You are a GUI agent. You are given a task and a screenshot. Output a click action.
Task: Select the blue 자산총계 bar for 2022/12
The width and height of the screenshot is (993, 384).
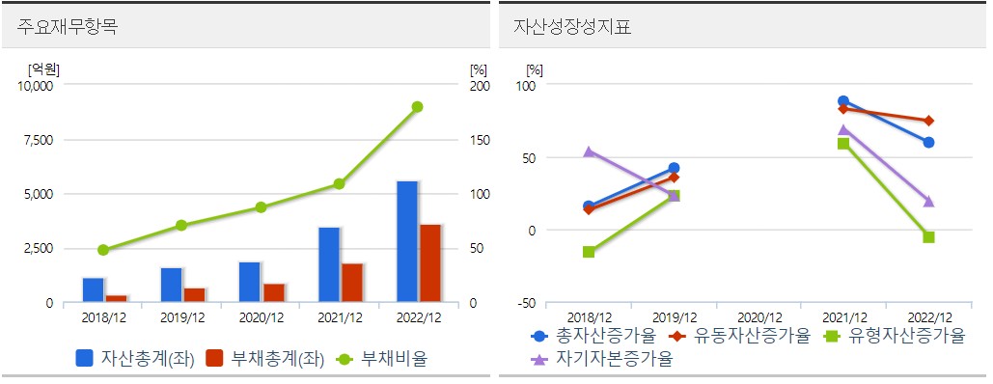click(406, 241)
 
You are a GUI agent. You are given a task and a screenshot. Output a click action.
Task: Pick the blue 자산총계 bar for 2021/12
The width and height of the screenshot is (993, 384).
click(328, 264)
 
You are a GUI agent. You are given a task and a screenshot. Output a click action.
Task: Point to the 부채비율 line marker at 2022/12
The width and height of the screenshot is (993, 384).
click(417, 106)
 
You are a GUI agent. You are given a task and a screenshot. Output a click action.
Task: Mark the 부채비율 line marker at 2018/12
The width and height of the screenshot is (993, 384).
click(103, 250)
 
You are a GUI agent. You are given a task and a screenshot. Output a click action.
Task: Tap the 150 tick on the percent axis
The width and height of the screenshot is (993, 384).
click(479, 140)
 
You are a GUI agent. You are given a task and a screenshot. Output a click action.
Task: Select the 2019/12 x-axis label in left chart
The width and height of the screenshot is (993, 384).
click(181, 316)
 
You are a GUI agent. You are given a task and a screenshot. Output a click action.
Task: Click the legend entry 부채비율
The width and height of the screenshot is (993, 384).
click(393, 358)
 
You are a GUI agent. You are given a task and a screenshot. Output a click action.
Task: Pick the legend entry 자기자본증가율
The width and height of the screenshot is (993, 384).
click(614, 359)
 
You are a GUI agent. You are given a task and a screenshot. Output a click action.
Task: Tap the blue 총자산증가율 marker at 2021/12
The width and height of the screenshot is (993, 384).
click(843, 101)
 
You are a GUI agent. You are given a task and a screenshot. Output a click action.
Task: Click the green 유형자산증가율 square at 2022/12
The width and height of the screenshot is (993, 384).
click(928, 237)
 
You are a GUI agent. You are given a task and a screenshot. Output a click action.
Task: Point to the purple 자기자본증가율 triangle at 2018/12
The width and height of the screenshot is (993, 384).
click(589, 151)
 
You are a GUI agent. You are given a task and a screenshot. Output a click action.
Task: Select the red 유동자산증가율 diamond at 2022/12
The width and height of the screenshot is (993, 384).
click(928, 121)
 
